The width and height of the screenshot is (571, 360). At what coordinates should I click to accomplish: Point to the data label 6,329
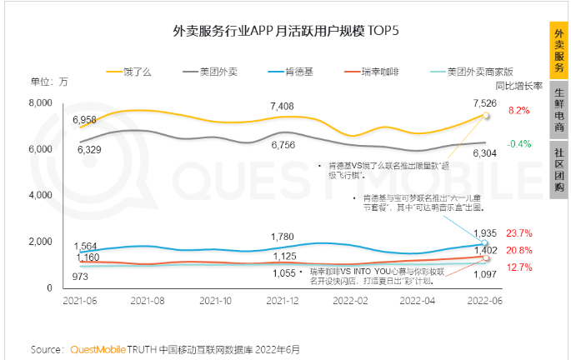click(87, 150)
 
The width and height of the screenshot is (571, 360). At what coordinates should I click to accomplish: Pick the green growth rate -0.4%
click(518, 143)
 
